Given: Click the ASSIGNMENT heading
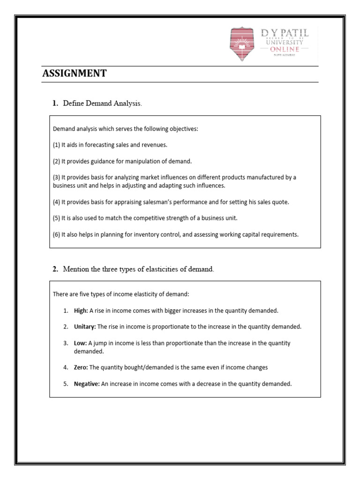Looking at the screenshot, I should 75,73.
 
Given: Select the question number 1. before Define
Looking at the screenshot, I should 55,104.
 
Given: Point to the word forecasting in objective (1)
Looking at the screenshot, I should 99,145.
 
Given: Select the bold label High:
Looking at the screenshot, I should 81,310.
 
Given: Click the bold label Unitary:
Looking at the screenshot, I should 84,326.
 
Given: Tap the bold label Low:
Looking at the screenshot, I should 80,343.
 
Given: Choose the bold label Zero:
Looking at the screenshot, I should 81,367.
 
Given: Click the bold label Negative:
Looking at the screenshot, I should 87,383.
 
